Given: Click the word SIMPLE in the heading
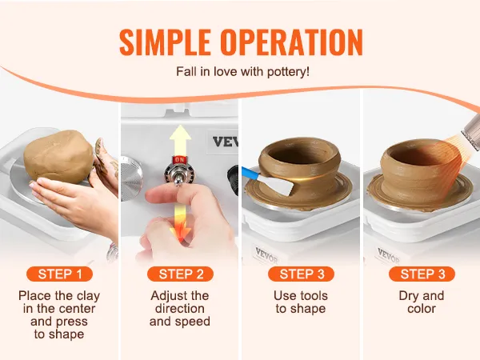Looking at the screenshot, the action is (x=165, y=42).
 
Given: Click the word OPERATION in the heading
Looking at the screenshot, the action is (x=292, y=42).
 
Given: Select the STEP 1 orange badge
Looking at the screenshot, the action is (x=60, y=274).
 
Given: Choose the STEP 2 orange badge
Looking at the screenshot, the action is (x=180, y=274).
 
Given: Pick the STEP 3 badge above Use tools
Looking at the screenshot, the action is (x=302, y=274).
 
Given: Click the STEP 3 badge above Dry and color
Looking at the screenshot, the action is (x=422, y=274).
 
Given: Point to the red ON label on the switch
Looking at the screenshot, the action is (x=179, y=159).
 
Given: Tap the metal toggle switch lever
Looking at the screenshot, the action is (x=178, y=177).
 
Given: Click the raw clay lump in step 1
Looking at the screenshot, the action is (x=58, y=157).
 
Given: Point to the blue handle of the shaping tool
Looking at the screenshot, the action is (x=250, y=174).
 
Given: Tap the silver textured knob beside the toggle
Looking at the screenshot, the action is (x=131, y=178).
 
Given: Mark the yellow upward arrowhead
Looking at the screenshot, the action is (x=181, y=134).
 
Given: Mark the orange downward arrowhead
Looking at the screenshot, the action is (x=181, y=232).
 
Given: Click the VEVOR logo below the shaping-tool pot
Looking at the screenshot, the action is (x=266, y=255).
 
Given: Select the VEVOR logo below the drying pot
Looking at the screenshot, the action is (x=389, y=256).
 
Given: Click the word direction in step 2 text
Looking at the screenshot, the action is (x=180, y=309).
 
